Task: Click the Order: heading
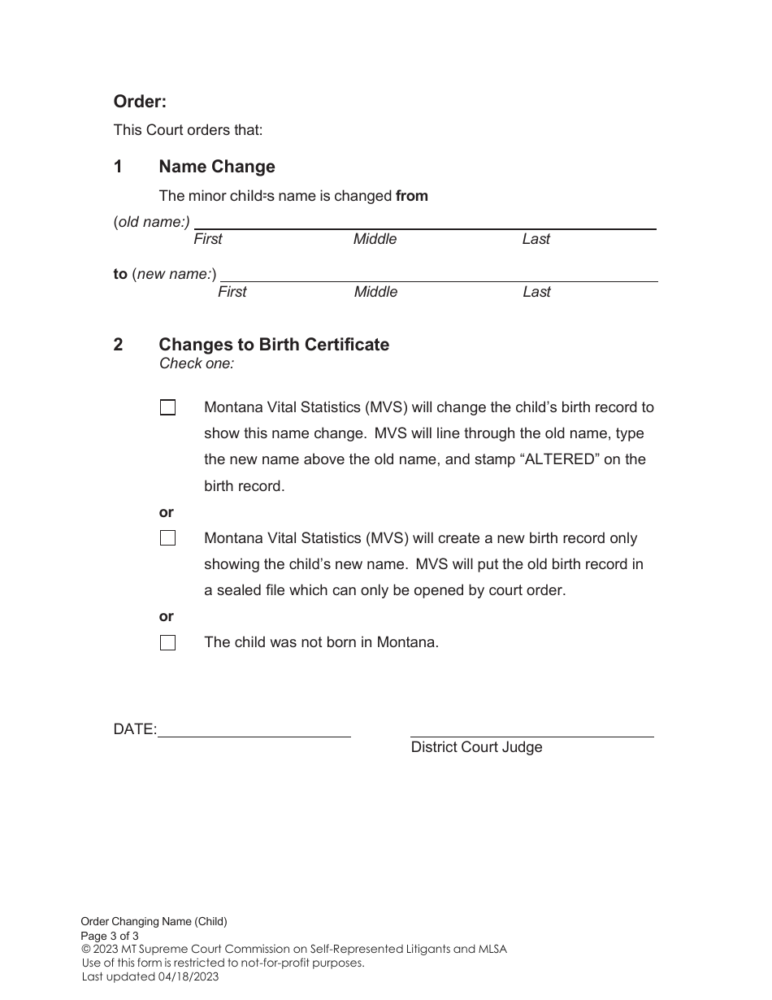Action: coord(140,102)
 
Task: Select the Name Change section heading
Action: coord(217,167)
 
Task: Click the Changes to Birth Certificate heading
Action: coord(274,345)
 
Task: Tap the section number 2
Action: coord(119,345)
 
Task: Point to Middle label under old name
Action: coord(375,239)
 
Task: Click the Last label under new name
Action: coord(536,292)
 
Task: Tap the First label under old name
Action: coord(208,239)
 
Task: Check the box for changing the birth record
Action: coord(168,408)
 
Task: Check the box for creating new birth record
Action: coord(168,538)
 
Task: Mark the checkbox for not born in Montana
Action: coord(168,643)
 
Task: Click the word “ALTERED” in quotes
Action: coord(559,459)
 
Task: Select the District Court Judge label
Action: coord(476,747)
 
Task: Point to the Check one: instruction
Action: coord(197,363)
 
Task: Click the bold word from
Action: coord(412,196)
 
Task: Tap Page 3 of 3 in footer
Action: coord(110,936)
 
